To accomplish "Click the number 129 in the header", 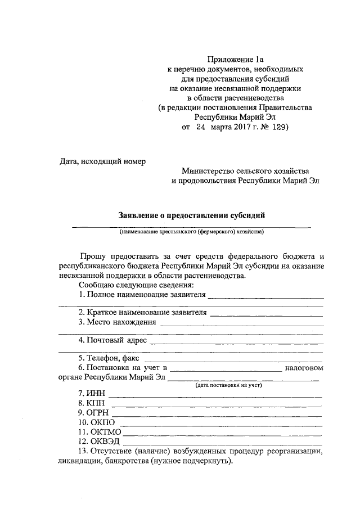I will pyautogui.click(x=278, y=128).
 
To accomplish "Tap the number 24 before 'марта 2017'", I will pyautogui.click(x=201, y=128).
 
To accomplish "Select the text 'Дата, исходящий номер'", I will pyautogui.click(x=102, y=162).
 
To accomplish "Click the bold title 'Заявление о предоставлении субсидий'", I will pyautogui.click(x=191, y=215).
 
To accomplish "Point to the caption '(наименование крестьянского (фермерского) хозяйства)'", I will pyautogui.click(x=191, y=231).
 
